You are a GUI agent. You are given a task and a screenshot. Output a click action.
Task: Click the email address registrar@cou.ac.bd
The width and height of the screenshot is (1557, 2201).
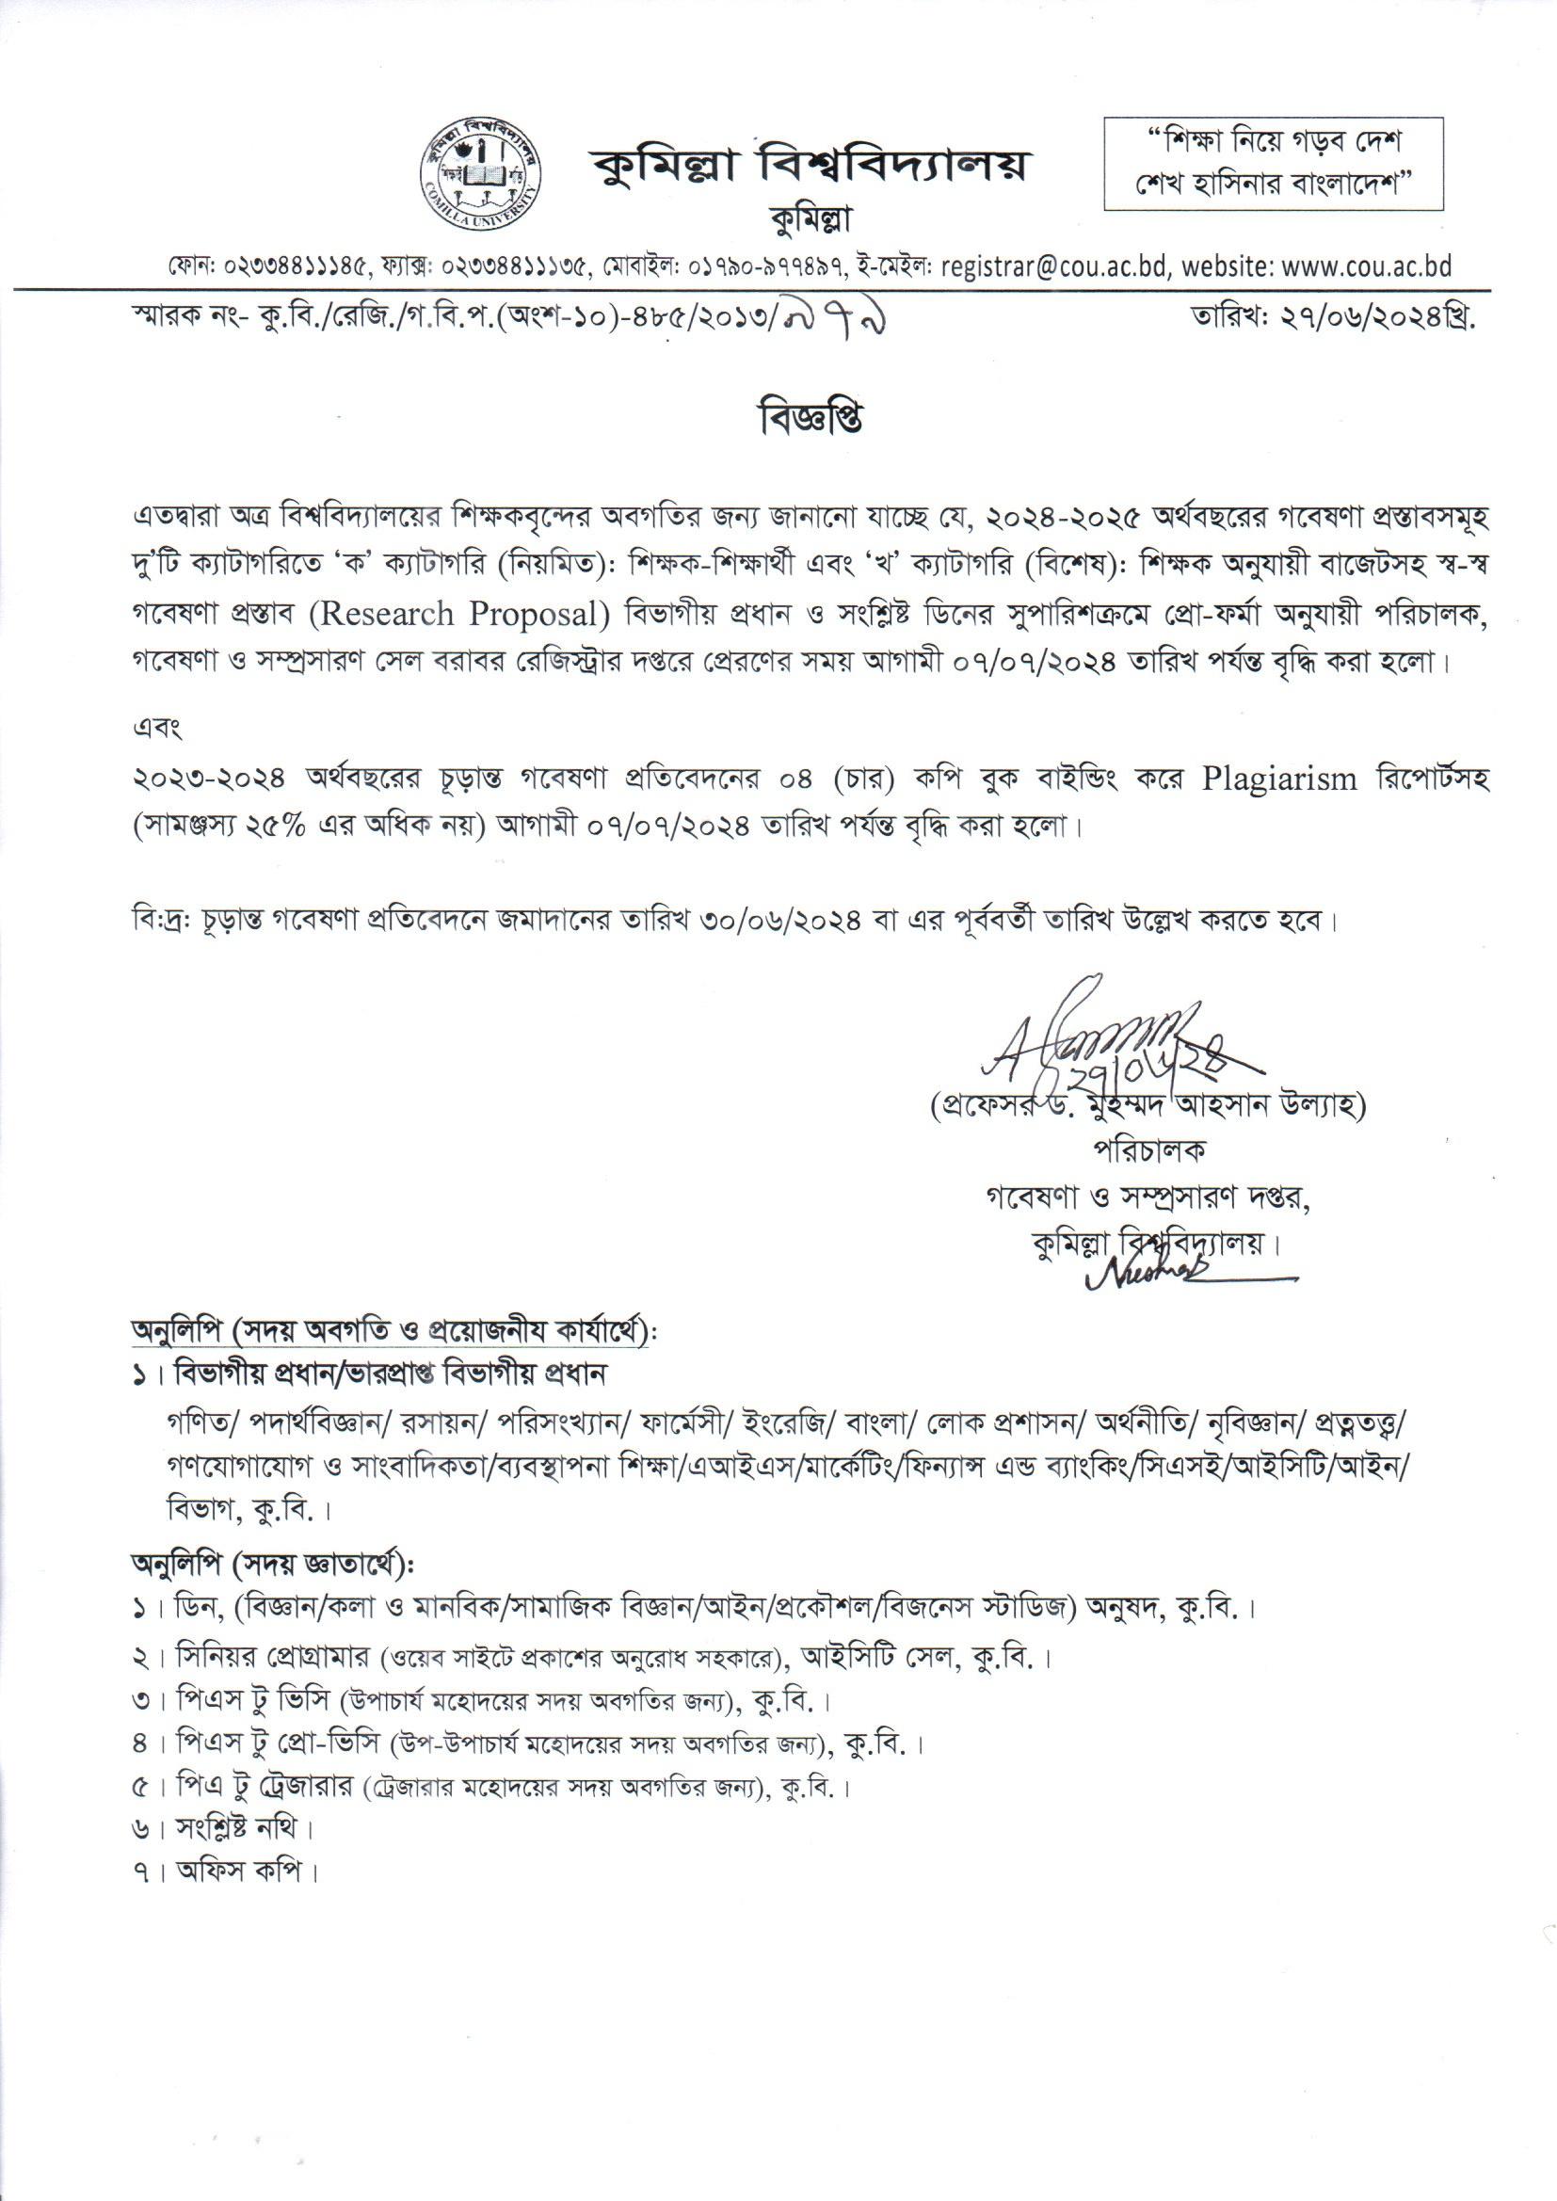(x=1054, y=265)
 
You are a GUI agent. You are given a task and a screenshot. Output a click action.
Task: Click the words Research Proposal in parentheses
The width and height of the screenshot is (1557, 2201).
(x=467, y=615)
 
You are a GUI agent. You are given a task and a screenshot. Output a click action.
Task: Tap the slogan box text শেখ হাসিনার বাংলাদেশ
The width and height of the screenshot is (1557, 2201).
(x=1274, y=182)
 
